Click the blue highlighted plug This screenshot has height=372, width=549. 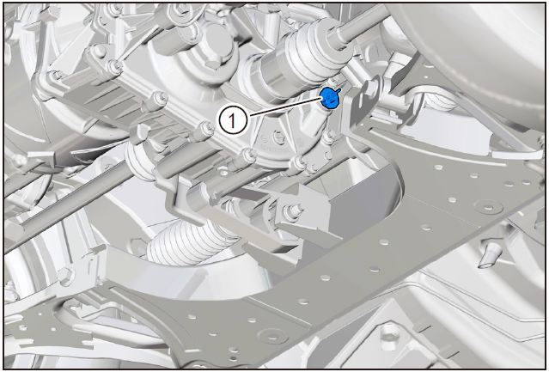[329, 98]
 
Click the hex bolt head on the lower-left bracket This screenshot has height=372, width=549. [66, 277]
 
